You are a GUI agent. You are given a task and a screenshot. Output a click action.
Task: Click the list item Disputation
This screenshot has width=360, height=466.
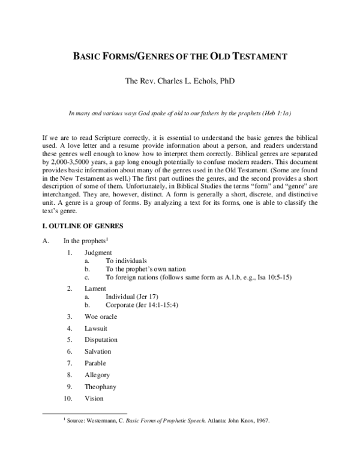[x=103, y=339]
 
